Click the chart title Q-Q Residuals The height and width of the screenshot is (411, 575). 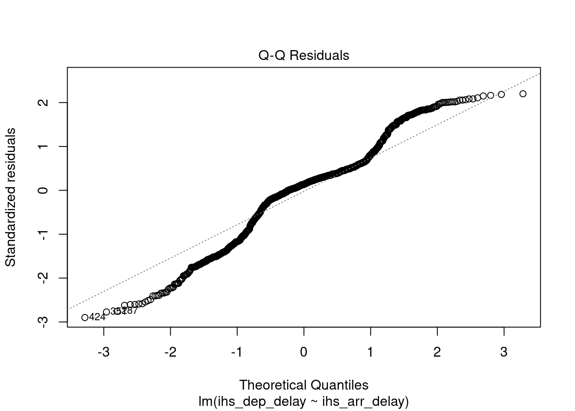(x=304, y=56)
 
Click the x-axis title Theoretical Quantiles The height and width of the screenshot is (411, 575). (x=304, y=385)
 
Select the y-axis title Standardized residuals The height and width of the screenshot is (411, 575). (x=10, y=197)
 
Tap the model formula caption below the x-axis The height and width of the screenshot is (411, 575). (x=304, y=402)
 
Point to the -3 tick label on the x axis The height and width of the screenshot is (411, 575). (x=104, y=352)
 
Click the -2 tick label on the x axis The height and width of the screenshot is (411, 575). (x=170, y=352)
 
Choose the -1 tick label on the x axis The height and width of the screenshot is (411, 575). (x=237, y=352)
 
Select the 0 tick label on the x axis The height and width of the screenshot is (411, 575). (x=304, y=352)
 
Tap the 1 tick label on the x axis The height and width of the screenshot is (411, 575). (x=370, y=352)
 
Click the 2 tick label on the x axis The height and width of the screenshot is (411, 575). (x=437, y=352)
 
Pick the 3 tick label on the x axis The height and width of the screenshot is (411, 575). (x=504, y=352)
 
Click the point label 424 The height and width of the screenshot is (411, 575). (x=97, y=317)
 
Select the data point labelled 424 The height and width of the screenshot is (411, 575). (x=85, y=317)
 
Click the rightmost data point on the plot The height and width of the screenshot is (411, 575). (x=523, y=94)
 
